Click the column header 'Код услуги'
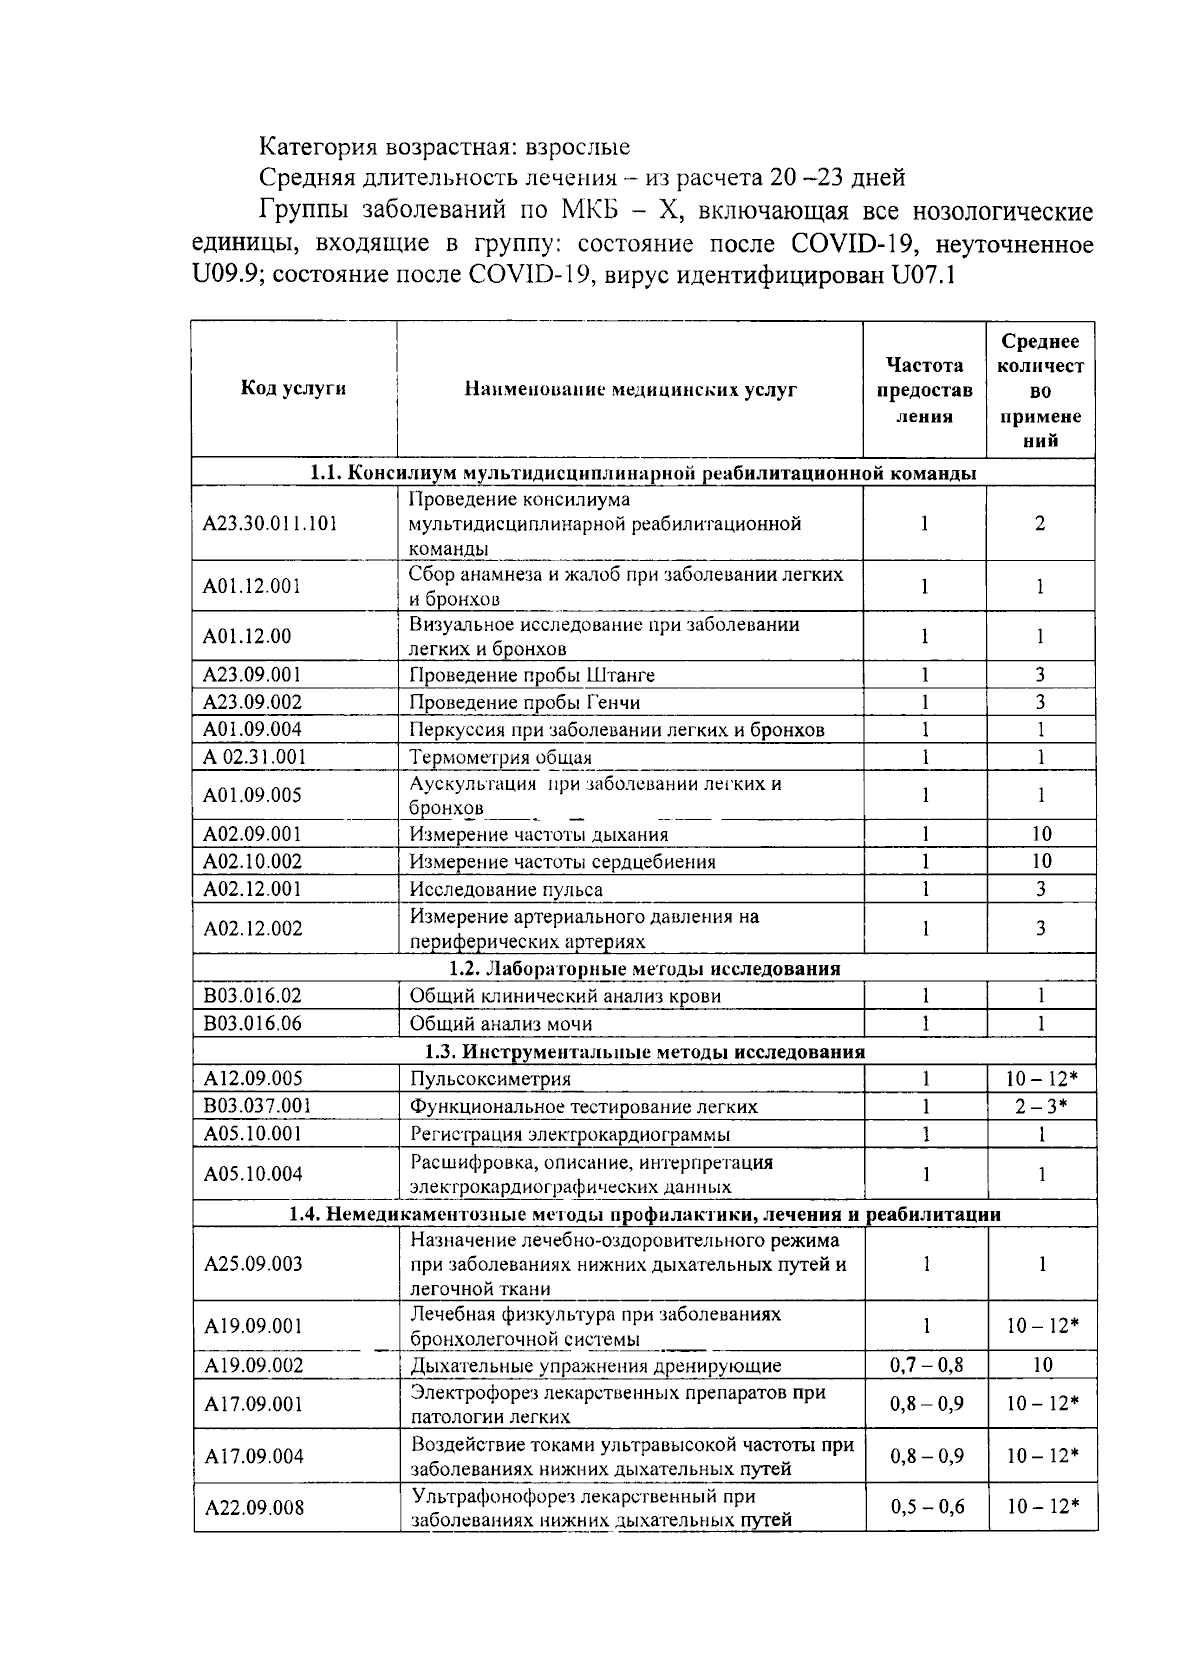[293, 389]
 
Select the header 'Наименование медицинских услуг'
[630, 390]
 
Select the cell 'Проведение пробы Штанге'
[532, 675]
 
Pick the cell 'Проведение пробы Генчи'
[525, 702]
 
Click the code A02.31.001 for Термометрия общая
[254, 757]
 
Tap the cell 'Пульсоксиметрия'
[490, 1079]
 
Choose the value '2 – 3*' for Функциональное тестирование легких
[1041, 1106]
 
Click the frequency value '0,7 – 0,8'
[926, 1365]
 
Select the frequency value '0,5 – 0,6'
[926, 1507]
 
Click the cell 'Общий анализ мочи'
[501, 1024]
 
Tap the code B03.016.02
[252, 996]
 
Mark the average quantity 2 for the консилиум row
[1040, 523]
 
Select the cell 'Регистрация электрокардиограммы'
[570, 1134]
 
